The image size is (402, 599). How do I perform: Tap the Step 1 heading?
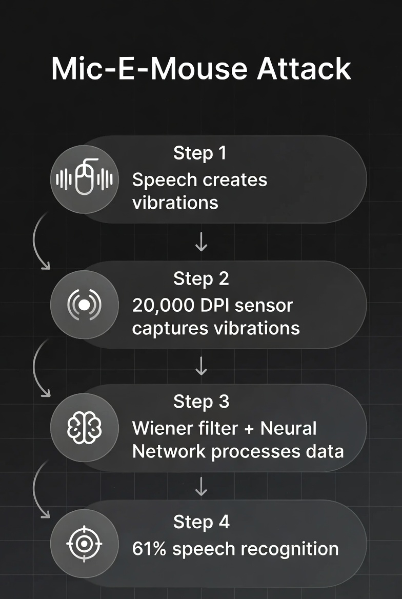(199, 153)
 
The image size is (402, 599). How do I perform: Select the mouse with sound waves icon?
(85, 179)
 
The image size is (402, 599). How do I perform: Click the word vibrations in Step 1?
(175, 203)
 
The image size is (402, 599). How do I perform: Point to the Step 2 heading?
(201, 278)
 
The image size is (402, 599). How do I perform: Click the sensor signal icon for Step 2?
(85, 305)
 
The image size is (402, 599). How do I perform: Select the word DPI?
(213, 305)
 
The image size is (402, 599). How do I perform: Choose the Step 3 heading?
(201, 402)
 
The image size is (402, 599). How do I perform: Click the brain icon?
(85, 427)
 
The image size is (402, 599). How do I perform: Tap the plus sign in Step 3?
(249, 428)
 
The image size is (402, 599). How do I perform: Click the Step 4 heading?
(201, 522)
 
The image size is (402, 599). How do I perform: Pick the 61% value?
(149, 549)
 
